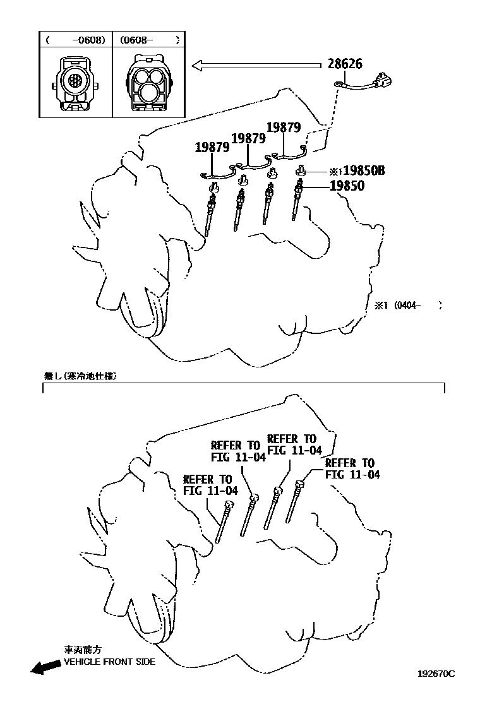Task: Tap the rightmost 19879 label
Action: pyautogui.click(x=283, y=127)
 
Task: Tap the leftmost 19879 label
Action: pyautogui.click(x=212, y=148)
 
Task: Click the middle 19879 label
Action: pyautogui.click(x=248, y=138)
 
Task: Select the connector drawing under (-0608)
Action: pyautogui.click(x=75, y=83)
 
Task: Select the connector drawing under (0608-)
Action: pyautogui.click(x=149, y=83)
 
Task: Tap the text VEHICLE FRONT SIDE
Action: pyautogui.click(x=109, y=662)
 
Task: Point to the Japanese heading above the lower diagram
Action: pyautogui.click(x=80, y=374)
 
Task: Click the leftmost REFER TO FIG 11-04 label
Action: pyautogui.click(x=210, y=484)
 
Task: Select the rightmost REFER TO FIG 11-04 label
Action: pyautogui.click(x=352, y=468)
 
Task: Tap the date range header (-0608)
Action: pyautogui.click(x=75, y=40)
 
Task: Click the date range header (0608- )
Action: pyautogui.click(x=149, y=40)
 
